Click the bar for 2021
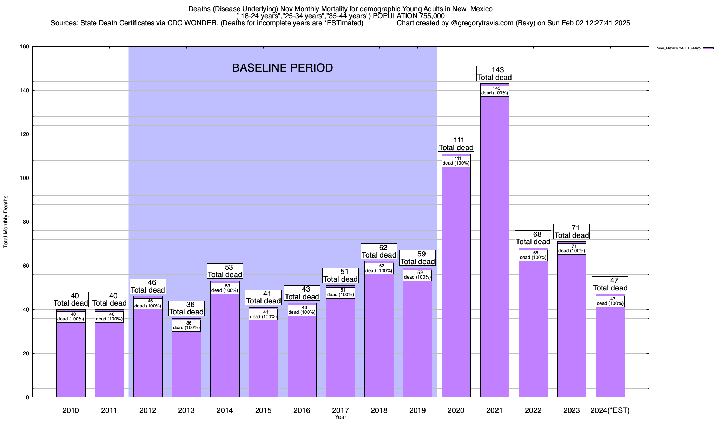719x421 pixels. click(495, 246)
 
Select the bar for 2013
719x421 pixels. click(186, 365)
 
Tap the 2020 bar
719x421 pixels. click(456, 281)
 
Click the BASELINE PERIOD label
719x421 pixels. click(283, 68)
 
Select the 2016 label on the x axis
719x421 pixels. click(302, 410)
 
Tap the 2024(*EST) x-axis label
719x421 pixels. click(610, 410)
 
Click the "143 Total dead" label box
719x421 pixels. click(495, 74)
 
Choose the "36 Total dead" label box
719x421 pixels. click(186, 308)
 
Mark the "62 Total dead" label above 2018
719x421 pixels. click(379, 251)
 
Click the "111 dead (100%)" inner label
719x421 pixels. click(456, 161)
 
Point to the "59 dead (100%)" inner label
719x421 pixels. click(417, 275)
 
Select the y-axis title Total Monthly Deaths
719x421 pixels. click(6, 222)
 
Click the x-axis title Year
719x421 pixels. click(341, 417)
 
